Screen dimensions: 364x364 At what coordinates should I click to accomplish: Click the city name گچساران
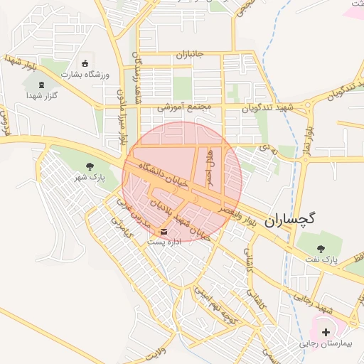tap(289, 221)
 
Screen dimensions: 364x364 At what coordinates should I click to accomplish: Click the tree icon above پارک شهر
tap(89, 166)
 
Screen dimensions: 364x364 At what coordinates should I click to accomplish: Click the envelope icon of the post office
tap(165, 232)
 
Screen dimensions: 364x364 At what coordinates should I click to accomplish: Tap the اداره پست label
tap(164, 242)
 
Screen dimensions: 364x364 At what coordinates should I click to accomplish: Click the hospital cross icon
tap(326, 332)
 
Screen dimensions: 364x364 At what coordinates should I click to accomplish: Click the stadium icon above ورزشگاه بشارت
tap(87, 63)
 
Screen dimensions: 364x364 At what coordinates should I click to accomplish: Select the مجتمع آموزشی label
tap(185, 107)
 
